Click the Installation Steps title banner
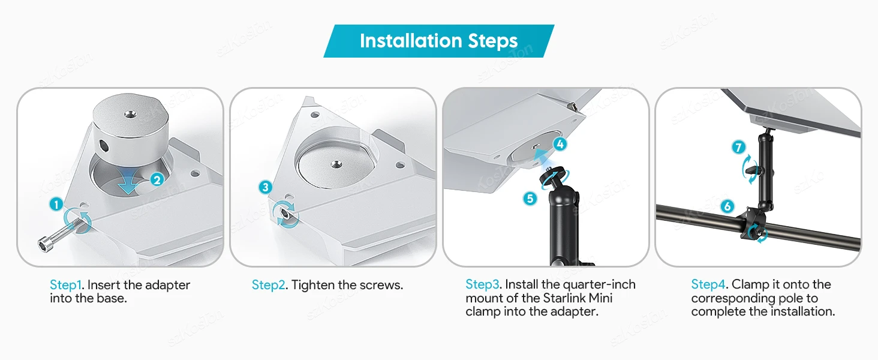click(x=438, y=41)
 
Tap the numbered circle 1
click(x=56, y=205)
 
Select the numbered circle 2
click(x=157, y=179)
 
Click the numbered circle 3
click(x=265, y=187)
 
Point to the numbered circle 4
click(x=560, y=145)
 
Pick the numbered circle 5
click(x=530, y=199)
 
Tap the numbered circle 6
click(x=727, y=206)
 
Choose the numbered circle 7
click(x=738, y=148)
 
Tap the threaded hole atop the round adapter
click(x=128, y=114)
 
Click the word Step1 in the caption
click(x=65, y=285)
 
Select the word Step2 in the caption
click(x=269, y=285)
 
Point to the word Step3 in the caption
click(x=483, y=284)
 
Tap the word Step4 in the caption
click(x=708, y=284)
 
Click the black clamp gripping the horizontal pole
click(x=753, y=225)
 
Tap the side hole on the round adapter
click(x=104, y=146)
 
